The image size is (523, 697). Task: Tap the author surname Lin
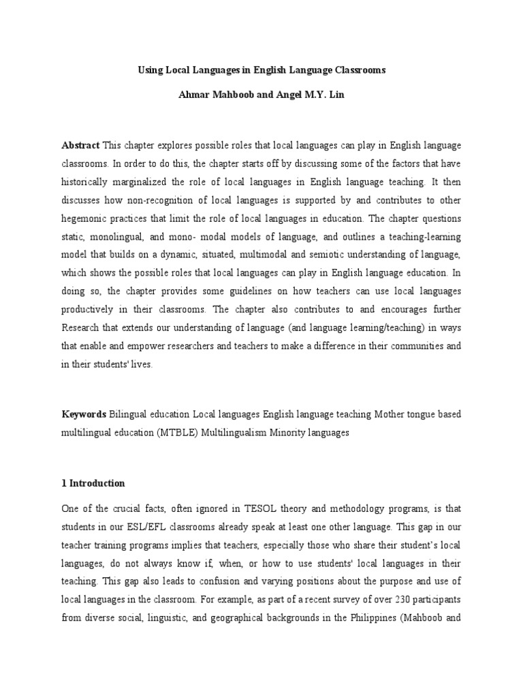tap(336, 95)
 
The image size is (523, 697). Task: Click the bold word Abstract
tap(80, 146)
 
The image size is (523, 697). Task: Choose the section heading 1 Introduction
tap(93, 483)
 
